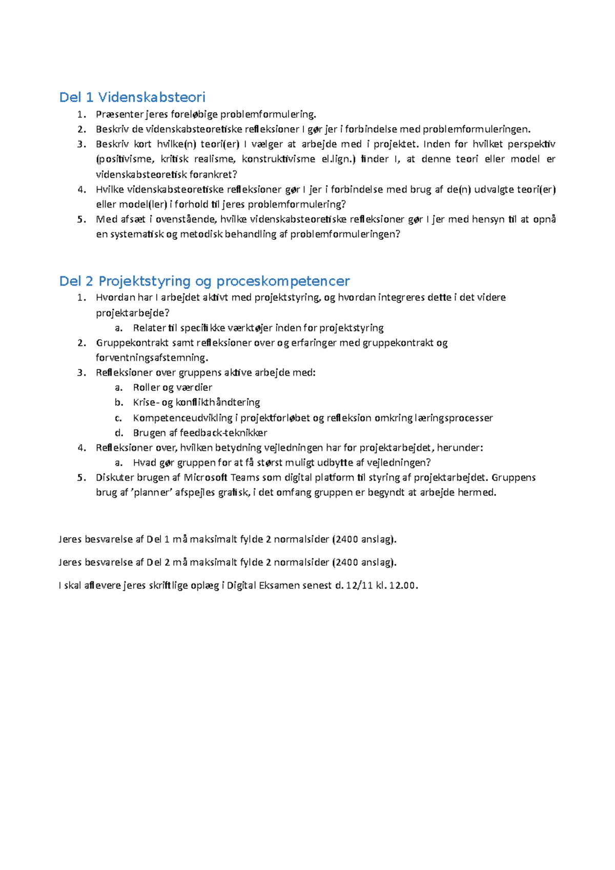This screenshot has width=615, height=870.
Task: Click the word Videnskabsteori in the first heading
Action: coord(152,97)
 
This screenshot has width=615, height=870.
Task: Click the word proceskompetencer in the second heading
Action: coord(283,281)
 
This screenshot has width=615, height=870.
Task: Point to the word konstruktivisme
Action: coord(278,159)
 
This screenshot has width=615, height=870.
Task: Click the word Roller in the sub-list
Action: coord(146,387)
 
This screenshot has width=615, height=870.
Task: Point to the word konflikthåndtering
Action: coord(218,402)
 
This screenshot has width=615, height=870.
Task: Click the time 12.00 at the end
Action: coord(402,586)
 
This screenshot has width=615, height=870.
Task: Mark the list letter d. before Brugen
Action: coord(119,432)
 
